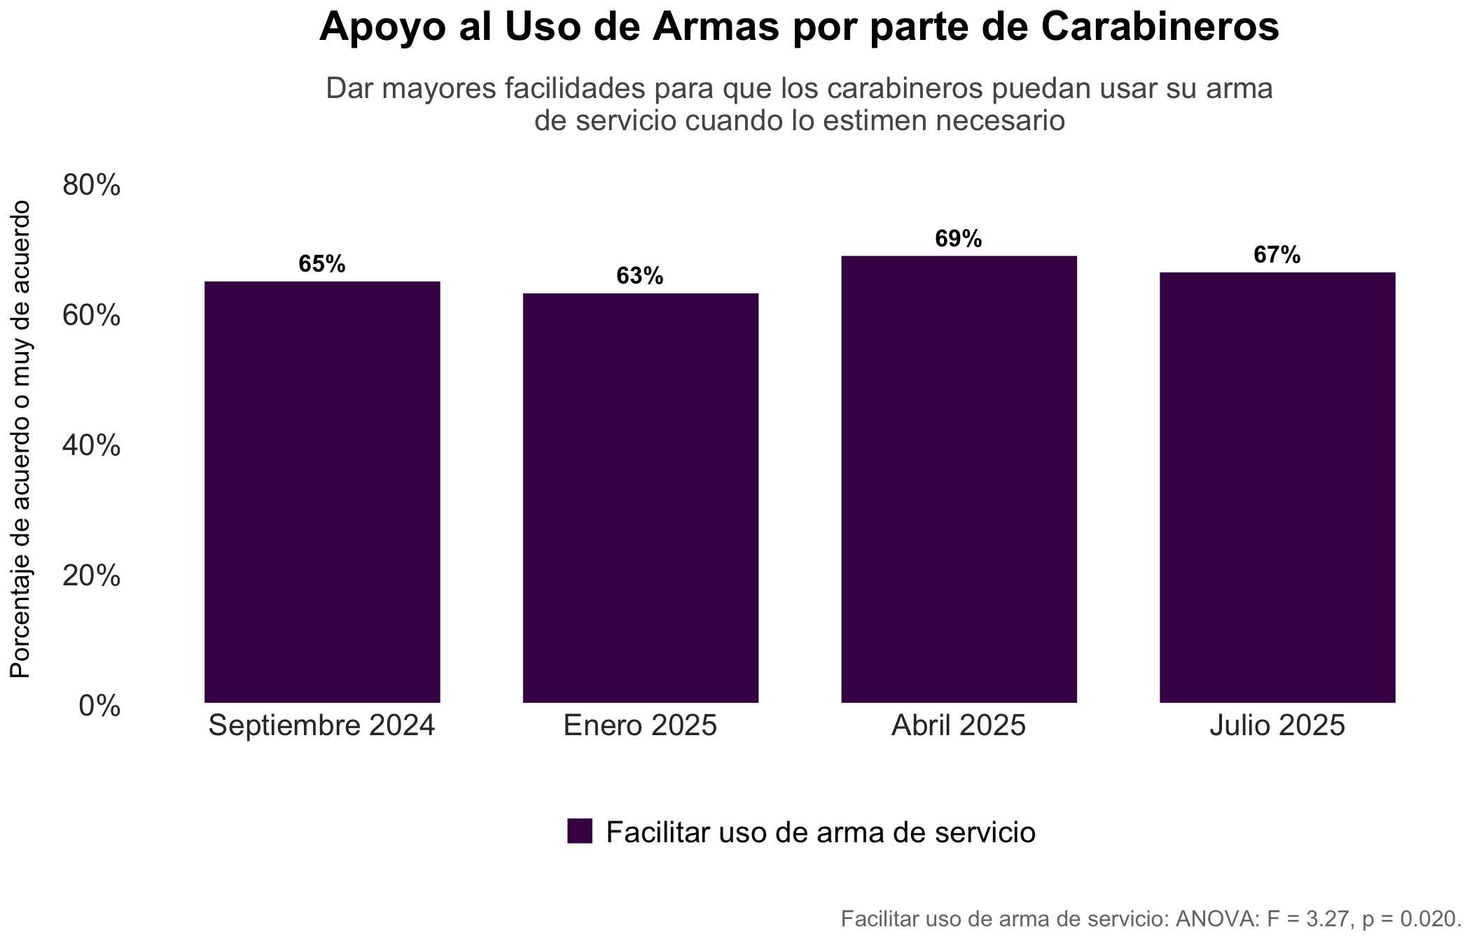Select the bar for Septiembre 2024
point(322,492)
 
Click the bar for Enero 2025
point(641,498)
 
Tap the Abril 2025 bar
point(959,479)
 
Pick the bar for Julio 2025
point(1277,487)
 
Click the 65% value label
point(322,264)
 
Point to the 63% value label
point(640,276)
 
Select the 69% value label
point(959,239)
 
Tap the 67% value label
point(1277,255)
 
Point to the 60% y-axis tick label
point(92,316)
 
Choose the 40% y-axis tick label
point(92,446)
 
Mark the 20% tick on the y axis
point(92,576)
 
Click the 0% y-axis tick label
point(99,706)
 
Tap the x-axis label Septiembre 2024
point(322,725)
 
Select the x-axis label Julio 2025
point(1277,725)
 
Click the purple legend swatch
point(580,831)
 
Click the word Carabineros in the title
point(1160,27)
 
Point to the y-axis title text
point(20,439)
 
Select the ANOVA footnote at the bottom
point(1151,918)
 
